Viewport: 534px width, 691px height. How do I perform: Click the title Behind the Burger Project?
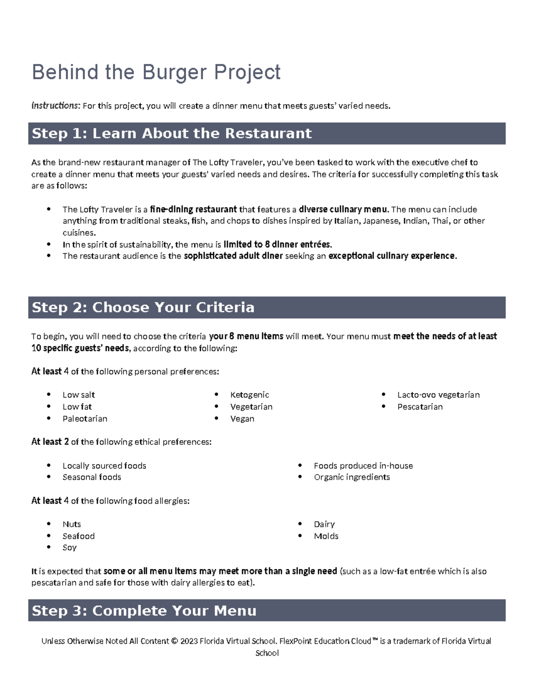click(x=156, y=72)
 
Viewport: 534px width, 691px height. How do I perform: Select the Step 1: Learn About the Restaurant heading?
click(x=172, y=133)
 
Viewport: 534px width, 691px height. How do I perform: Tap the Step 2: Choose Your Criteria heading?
click(x=143, y=307)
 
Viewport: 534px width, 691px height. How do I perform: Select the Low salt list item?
click(x=78, y=395)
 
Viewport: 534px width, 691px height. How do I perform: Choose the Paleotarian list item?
click(x=85, y=419)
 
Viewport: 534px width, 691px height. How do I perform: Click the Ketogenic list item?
click(x=249, y=395)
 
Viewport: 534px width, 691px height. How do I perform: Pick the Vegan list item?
click(x=242, y=419)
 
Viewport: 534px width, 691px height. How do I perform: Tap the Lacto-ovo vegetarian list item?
click(x=438, y=395)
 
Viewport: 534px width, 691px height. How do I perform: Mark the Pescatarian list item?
click(x=420, y=407)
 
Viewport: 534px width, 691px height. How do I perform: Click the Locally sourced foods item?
click(x=104, y=466)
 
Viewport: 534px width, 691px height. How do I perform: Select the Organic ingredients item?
click(x=352, y=477)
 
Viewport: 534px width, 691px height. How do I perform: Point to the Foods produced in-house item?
click(x=363, y=466)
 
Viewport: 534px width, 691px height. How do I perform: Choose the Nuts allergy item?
click(x=72, y=524)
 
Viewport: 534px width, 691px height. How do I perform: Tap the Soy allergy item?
click(x=69, y=548)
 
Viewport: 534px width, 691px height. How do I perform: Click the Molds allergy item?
click(x=326, y=536)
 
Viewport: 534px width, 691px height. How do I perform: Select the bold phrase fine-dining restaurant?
click(x=194, y=210)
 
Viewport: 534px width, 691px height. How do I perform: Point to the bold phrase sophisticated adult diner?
click(x=233, y=256)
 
